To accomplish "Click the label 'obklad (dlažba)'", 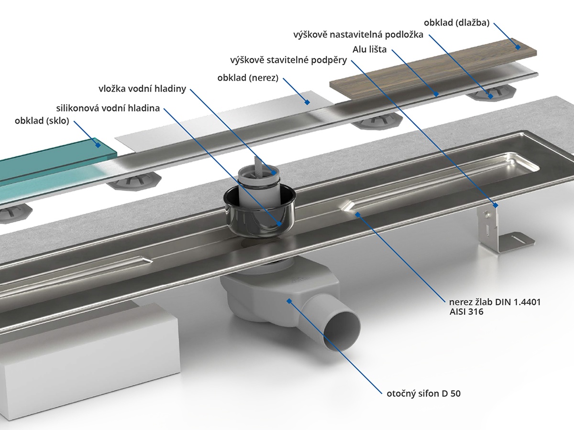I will pos(456,22).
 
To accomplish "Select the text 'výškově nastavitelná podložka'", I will pos(358,35).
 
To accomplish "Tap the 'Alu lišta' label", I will pos(370,49).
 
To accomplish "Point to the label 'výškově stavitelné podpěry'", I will pos(288,61).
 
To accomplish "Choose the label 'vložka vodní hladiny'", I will pos(142,89).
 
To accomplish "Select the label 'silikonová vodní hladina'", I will pos(108,108).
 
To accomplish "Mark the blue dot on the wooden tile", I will pos(518,46).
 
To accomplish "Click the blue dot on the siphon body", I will pos(289,300).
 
